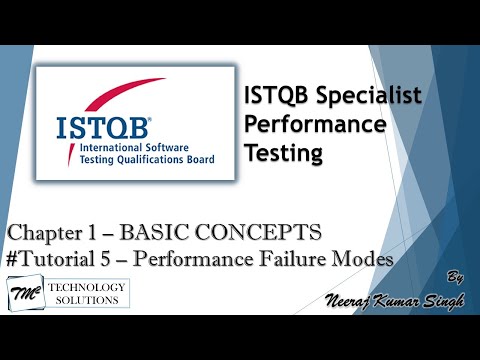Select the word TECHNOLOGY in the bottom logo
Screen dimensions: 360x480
point(92,288)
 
